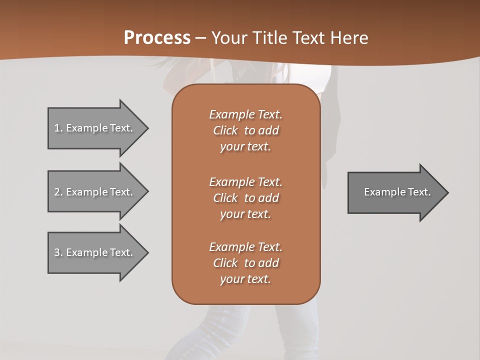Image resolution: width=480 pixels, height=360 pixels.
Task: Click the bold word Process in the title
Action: click(157, 38)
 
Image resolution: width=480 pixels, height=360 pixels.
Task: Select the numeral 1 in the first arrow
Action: click(57, 128)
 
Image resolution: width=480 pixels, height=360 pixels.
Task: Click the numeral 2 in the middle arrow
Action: click(57, 192)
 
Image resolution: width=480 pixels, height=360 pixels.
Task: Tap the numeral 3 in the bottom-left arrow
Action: click(57, 252)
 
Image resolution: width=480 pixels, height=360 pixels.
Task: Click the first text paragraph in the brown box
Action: click(245, 130)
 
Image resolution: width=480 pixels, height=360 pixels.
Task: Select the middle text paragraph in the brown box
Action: click(245, 198)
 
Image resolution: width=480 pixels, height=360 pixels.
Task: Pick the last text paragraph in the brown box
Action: click(245, 263)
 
